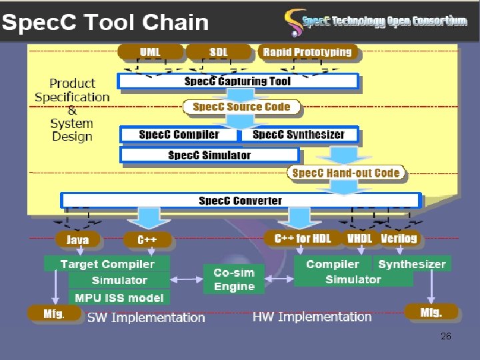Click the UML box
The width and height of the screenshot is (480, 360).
[149, 52]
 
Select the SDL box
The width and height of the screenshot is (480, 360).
[218, 52]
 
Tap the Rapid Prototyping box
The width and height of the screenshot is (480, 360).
[307, 52]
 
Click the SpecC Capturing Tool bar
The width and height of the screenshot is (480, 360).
[238, 81]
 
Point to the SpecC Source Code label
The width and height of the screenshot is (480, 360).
[241, 107]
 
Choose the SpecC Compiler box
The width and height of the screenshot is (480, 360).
[179, 135]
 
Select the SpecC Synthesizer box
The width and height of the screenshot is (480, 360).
[299, 135]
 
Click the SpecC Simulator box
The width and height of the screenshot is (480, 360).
[209, 155]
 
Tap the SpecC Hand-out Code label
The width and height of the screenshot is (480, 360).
[345, 173]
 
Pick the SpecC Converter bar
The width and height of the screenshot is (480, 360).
[240, 201]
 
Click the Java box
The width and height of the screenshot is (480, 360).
[78, 239]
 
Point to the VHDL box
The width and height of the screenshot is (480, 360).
[361, 238]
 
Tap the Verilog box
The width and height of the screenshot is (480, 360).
[399, 238]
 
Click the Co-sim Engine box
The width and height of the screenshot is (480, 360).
[234, 279]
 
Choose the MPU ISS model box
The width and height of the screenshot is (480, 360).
[119, 297]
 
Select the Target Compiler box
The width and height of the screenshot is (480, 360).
[107, 264]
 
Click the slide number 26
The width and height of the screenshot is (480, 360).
[446, 337]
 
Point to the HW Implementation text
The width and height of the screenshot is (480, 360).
[312, 317]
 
